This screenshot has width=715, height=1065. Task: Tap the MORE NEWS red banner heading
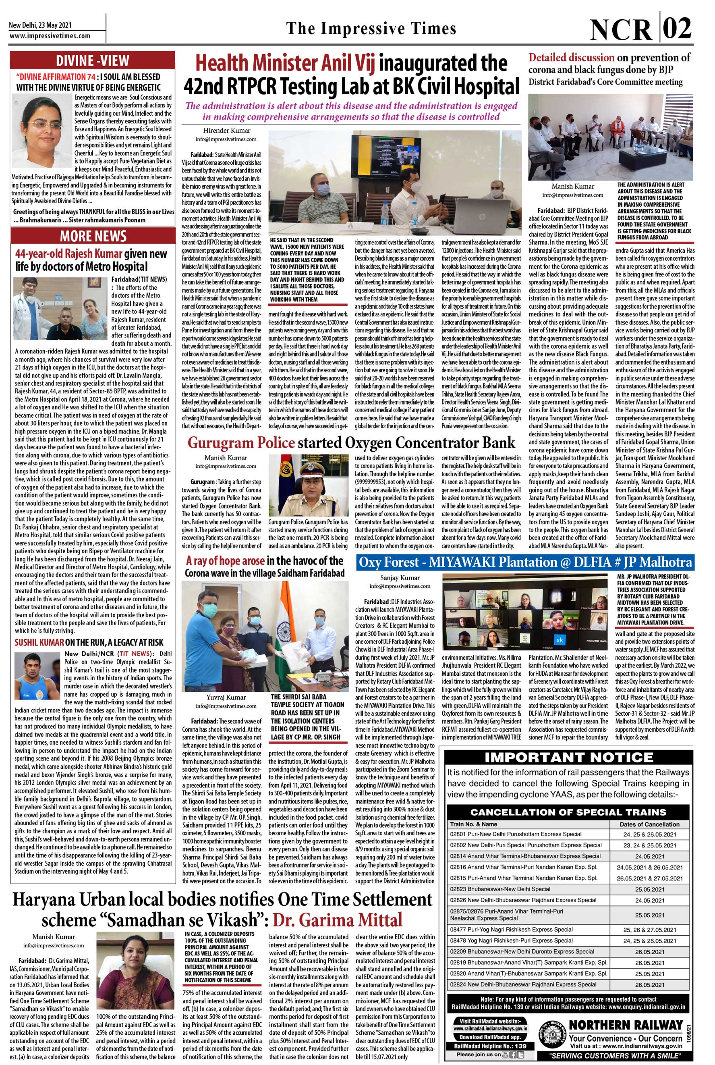pos(93,236)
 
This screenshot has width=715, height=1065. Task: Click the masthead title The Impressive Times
pos(371,29)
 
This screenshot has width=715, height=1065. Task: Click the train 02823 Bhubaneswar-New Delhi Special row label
pos(500,889)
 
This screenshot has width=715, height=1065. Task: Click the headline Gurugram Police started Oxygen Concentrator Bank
pos(351,442)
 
